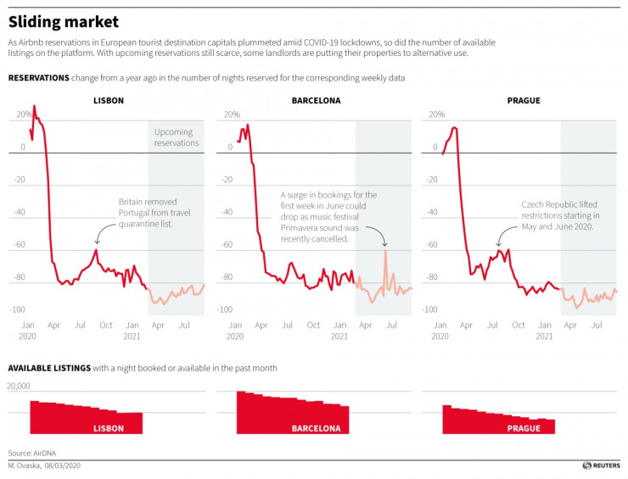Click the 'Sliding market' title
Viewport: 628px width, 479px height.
(64, 21)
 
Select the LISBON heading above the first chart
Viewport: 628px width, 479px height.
(108, 101)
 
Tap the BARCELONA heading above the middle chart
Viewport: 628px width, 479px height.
(316, 101)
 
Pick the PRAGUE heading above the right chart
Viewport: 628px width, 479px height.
(524, 101)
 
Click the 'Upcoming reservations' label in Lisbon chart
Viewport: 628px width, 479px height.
(176, 137)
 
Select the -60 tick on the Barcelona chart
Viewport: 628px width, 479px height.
(227, 245)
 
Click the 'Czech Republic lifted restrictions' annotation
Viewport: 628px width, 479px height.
(561, 215)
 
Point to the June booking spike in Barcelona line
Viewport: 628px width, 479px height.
(385, 251)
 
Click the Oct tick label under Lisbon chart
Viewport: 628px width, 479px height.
(106, 326)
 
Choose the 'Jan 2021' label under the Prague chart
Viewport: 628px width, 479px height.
(544, 331)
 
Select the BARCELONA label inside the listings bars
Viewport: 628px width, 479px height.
(316, 428)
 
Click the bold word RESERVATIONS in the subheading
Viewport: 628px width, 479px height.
(39, 78)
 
